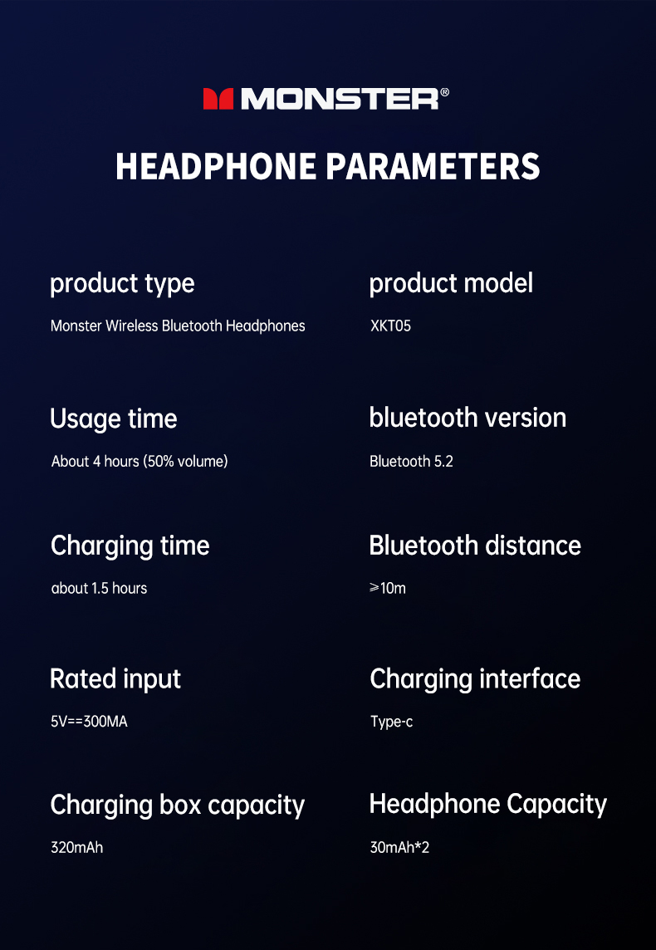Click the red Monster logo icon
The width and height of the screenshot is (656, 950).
tap(218, 99)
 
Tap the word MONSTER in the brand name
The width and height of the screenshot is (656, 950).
tap(340, 99)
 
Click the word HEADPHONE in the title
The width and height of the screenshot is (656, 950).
tap(216, 166)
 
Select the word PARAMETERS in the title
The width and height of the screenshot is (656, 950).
tap(433, 166)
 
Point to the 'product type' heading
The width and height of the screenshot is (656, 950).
tap(122, 284)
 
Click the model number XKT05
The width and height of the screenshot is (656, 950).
tap(390, 326)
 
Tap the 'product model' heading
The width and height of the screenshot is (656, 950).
tap(451, 283)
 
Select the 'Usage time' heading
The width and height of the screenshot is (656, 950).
tap(114, 419)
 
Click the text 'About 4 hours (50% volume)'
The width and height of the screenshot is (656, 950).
tap(140, 462)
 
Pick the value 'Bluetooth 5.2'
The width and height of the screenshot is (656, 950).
tap(411, 462)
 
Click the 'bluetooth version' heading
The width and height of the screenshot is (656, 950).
tap(468, 418)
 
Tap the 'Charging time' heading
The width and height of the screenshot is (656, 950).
tap(130, 546)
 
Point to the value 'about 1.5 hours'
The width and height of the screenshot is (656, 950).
tap(100, 588)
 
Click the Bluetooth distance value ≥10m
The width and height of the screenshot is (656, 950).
tap(388, 588)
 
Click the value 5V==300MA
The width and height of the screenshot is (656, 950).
tap(89, 722)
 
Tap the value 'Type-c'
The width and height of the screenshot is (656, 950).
tap(392, 722)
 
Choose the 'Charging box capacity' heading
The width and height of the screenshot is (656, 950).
tap(178, 806)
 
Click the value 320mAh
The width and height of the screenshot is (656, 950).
tap(77, 848)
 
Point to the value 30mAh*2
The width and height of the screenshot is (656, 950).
tap(399, 848)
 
